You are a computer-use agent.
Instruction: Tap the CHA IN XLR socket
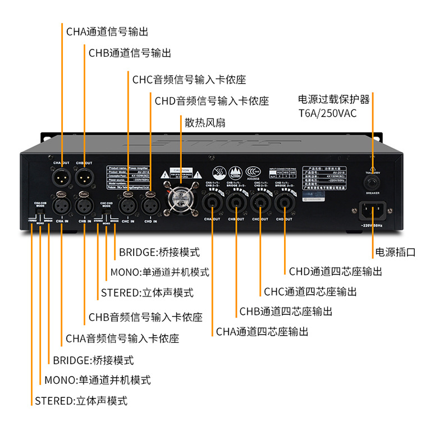(x=61, y=205)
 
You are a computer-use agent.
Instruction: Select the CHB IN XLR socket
(x=84, y=205)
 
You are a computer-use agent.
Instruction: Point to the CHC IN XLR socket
(x=128, y=205)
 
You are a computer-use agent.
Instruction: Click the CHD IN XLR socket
(x=150, y=205)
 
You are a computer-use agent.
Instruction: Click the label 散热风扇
(x=205, y=122)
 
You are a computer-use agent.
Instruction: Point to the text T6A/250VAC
(x=328, y=113)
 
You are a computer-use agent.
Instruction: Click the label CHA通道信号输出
(x=107, y=31)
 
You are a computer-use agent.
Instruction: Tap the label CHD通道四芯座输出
(x=335, y=272)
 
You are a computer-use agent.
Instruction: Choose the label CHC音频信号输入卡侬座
(x=189, y=80)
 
